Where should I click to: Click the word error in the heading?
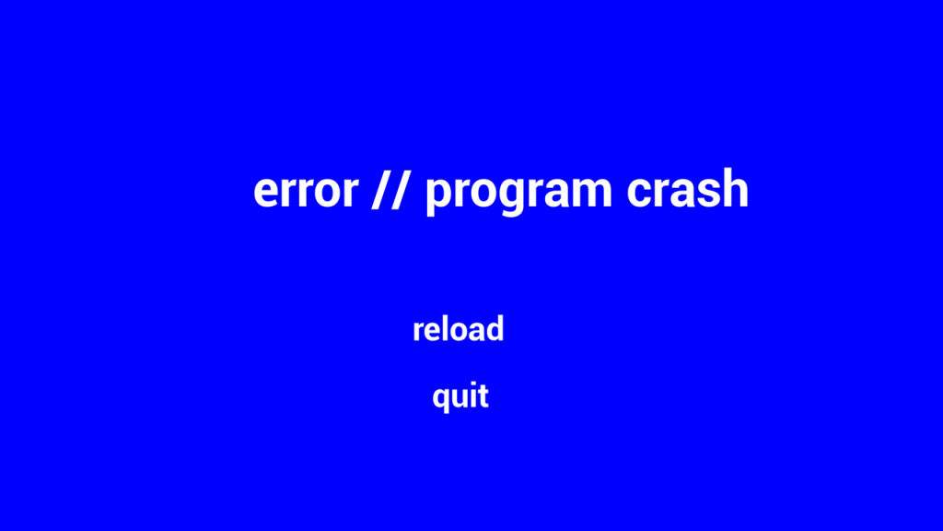pos(306,191)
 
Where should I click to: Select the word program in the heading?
pos(518,193)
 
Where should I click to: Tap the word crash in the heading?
pos(687,188)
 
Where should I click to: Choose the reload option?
pos(459,329)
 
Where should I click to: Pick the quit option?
pos(460,396)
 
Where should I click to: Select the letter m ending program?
pos(591,191)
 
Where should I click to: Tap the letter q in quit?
pos(441,399)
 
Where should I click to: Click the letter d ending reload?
pos(495,329)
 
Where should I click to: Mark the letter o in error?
pos(329,191)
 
